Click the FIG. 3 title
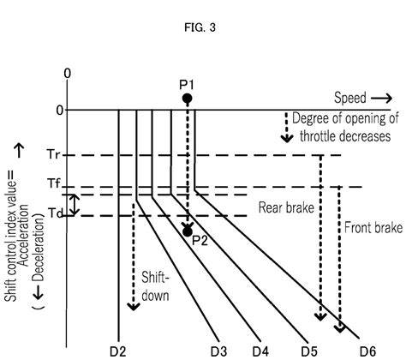coord(200,27)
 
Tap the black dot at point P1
coord(188,99)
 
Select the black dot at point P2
coord(188,231)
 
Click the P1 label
coord(187,85)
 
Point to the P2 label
coord(200,241)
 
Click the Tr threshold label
coord(53,154)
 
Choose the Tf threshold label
coord(54,183)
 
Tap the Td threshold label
coord(55,213)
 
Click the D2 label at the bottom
coord(118,351)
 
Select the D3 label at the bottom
coord(219,351)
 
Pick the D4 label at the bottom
coord(260,351)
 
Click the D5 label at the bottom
coord(309,351)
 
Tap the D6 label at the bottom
coord(367,351)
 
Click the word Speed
coord(350,98)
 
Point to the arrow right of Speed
coord(382,99)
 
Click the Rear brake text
coord(286,207)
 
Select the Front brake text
coord(373,228)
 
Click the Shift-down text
coord(155,286)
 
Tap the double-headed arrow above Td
coord(75,205)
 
